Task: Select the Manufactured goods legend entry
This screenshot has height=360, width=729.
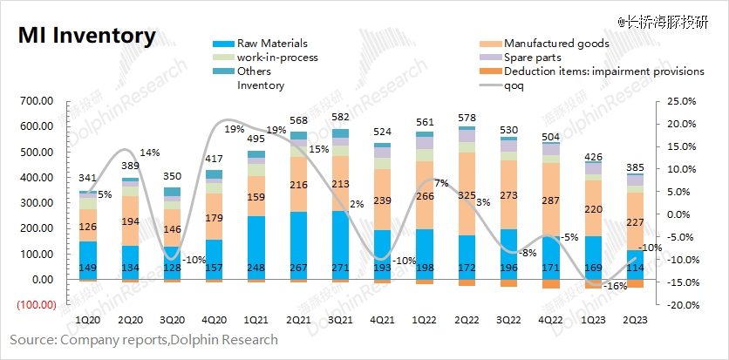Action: point(555,44)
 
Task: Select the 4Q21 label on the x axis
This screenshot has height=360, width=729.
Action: point(382,321)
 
